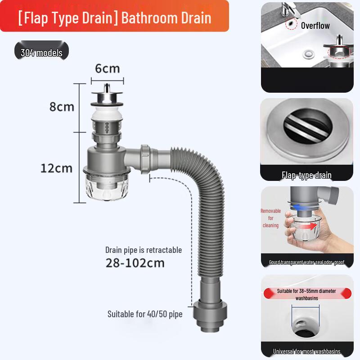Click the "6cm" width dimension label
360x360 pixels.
point(107,68)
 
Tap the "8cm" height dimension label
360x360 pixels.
point(62,107)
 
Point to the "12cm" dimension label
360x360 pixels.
point(56,168)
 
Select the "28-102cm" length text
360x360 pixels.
point(135,263)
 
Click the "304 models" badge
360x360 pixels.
point(41,53)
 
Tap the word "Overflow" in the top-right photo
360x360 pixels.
point(315,26)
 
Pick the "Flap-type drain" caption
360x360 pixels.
point(306,175)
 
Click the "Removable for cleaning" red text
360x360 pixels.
point(270,218)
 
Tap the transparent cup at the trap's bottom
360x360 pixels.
point(107,187)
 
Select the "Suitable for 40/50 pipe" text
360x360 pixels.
point(145,314)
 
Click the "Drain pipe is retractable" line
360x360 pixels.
point(144,250)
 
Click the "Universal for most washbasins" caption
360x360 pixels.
point(306,351)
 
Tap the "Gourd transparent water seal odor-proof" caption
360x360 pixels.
point(306,262)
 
